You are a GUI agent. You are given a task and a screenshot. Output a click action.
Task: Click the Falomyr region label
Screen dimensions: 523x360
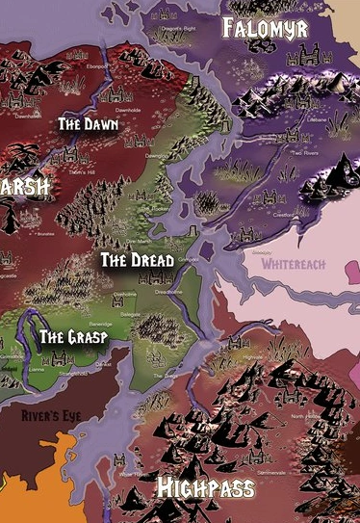[265, 28]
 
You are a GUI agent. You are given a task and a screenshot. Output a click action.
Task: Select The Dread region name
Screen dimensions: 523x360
[138, 261]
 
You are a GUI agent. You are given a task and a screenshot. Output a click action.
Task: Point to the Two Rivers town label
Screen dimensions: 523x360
[305, 152]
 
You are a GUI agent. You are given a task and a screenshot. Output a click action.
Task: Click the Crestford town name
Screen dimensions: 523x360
[281, 214]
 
